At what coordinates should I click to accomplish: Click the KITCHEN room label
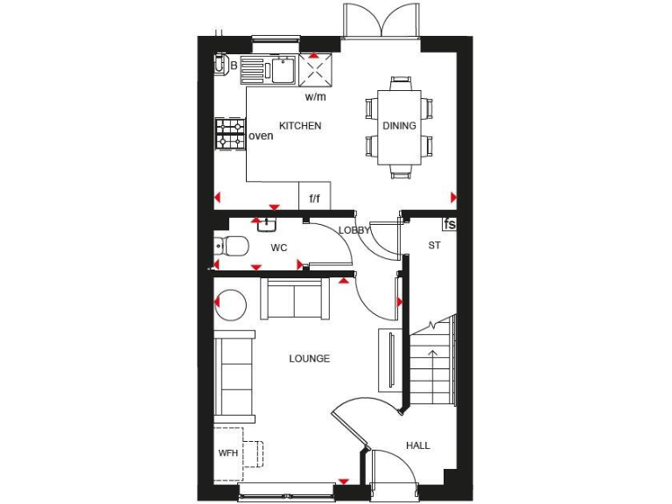tap(300, 126)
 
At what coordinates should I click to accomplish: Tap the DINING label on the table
tap(399, 126)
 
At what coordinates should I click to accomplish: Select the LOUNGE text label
tap(310, 359)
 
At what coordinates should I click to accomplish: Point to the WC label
tap(278, 248)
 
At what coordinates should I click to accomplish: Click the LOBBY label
tap(354, 230)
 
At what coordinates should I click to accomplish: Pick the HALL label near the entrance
tap(417, 445)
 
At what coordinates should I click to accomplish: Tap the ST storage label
tap(434, 247)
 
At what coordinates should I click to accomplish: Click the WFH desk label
tap(227, 453)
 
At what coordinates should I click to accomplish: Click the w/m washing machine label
tap(315, 96)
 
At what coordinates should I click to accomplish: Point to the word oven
tap(261, 136)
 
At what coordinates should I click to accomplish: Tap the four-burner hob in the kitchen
tap(230, 135)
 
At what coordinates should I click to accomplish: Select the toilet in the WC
tap(232, 245)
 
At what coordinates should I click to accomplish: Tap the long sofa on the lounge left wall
tap(235, 376)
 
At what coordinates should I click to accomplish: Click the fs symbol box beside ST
tap(450, 224)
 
